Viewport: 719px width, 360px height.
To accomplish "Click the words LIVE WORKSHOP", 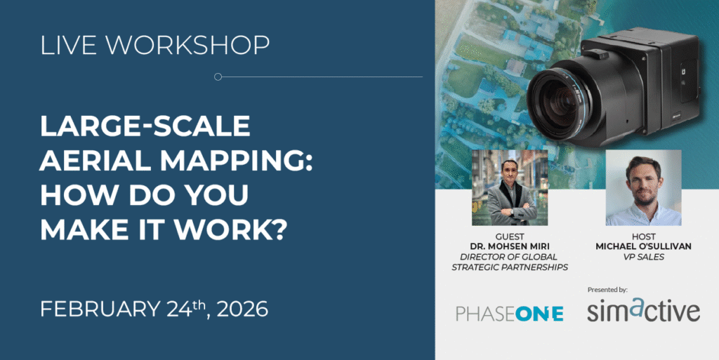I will pos(154,45).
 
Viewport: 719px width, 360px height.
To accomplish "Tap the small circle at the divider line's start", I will pos(218,76).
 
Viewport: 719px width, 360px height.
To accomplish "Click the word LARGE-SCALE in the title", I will pos(145,126).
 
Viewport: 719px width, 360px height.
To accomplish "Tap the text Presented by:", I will pos(607,289).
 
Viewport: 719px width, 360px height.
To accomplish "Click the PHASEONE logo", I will pos(509,314).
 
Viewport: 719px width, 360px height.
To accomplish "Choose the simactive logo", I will pos(643,312).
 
